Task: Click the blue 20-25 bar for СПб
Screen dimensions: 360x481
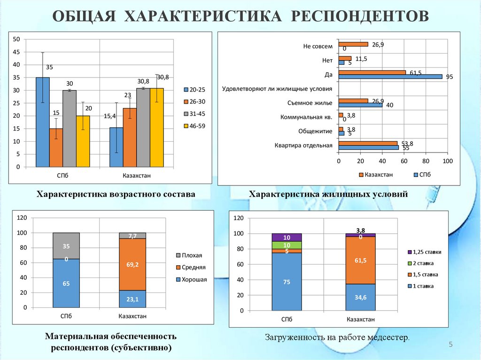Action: click(43, 122)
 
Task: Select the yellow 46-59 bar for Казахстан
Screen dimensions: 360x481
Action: click(157, 127)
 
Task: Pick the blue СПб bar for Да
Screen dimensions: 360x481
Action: click(390, 77)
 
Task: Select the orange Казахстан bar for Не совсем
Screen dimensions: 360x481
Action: click(353, 44)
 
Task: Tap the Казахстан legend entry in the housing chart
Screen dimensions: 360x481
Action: click(375, 175)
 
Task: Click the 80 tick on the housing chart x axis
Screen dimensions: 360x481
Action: click(426, 161)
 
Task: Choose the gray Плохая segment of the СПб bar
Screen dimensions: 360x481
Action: click(66, 245)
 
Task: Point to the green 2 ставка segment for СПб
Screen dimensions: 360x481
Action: click(287, 245)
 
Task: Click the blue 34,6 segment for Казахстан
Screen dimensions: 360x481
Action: click(360, 297)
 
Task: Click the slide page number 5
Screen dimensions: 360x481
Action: click(450, 345)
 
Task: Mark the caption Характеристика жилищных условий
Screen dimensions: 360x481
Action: click(328, 194)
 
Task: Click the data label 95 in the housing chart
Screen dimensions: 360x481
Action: click(450, 77)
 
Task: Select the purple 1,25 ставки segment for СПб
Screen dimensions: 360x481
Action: click(287, 237)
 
